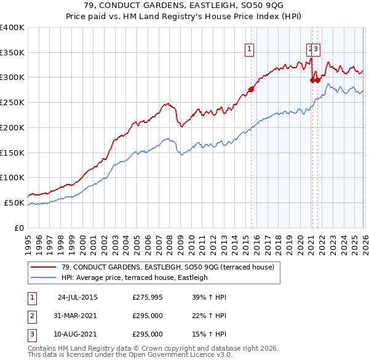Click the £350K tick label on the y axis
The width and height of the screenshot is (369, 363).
coord(12,53)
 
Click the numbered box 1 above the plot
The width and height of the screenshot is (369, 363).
coord(250,50)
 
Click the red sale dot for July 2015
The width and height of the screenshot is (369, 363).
coord(251,90)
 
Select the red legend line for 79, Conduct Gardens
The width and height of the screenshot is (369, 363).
coord(44,267)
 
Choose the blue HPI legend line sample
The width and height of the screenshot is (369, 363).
coord(44,277)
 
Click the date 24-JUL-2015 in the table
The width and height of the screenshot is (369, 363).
coord(77,297)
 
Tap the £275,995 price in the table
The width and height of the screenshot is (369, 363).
coord(148,297)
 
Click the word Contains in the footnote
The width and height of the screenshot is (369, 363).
coord(42,348)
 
